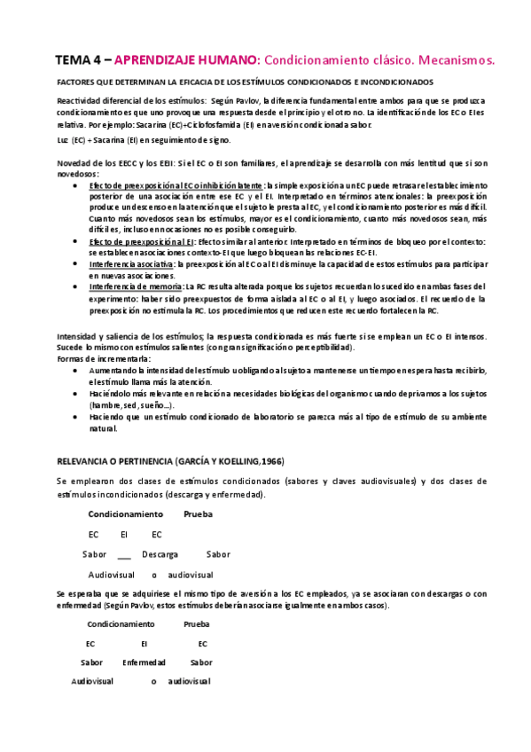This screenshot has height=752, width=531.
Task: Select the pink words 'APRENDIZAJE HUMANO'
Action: (x=181, y=59)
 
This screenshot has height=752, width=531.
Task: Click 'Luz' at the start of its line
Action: (x=62, y=140)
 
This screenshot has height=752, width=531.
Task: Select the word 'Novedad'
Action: (x=74, y=164)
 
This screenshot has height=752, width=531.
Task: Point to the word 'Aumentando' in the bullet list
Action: (x=114, y=369)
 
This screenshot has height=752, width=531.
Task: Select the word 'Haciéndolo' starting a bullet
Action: (x=112, y=393)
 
